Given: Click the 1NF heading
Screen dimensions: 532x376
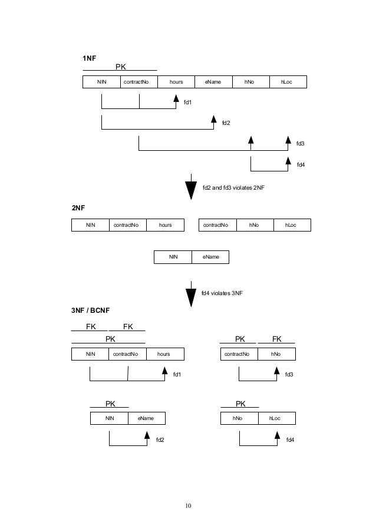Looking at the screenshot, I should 88,58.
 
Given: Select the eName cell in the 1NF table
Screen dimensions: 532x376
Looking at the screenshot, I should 213,82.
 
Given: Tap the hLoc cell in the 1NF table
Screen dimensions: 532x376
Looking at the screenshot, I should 287,82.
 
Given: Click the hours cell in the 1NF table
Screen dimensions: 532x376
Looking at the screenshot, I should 176,82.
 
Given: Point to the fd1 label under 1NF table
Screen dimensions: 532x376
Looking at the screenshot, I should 188,103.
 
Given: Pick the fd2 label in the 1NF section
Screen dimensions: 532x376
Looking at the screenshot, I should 226,123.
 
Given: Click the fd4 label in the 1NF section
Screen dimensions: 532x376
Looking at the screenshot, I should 301,164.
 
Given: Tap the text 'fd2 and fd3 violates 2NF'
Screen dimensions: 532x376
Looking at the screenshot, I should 234,187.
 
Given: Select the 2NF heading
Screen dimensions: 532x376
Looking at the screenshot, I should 78,208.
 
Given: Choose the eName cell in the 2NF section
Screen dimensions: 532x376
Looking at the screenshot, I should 210,257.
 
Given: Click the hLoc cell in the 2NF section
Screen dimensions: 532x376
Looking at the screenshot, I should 291,224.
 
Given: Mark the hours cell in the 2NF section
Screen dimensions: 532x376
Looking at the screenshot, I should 165,224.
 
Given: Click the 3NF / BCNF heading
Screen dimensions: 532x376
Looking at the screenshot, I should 91,310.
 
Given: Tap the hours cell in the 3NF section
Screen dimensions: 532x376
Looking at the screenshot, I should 164,354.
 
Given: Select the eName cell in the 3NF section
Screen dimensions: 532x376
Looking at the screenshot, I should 146,418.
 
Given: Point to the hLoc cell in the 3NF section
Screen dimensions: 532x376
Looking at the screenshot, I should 275,418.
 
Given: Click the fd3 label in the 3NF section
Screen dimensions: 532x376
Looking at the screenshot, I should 289,374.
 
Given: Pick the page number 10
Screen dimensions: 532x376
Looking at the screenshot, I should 188,505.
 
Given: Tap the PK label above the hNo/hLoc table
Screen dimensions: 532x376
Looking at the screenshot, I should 240,404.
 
